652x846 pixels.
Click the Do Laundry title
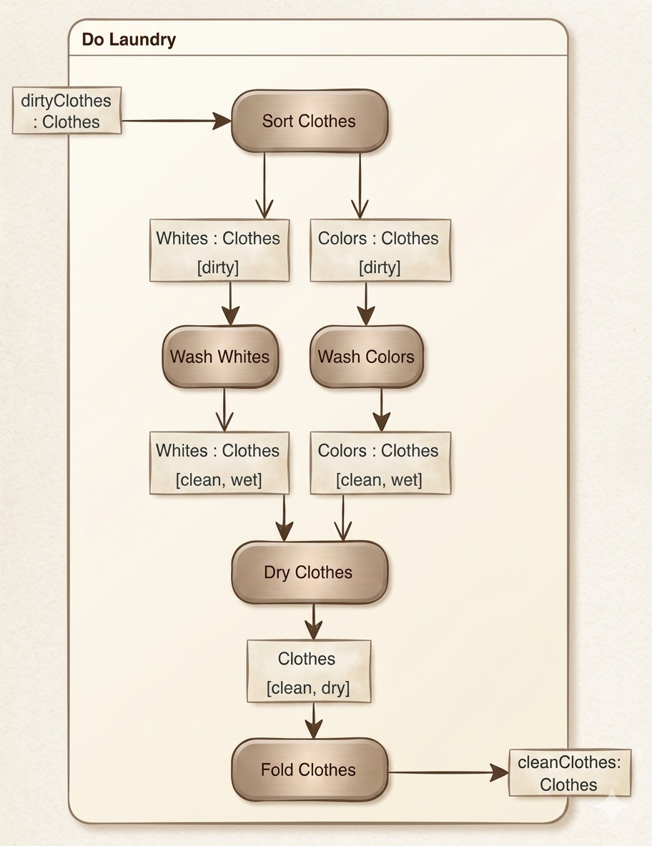point(129,39)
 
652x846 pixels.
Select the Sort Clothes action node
point(309,121)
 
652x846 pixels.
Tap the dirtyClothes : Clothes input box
point(67,110)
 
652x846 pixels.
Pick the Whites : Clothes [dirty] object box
point(219,251)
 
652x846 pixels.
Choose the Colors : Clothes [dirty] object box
point(380,251)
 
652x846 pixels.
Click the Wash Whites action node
point(219,357)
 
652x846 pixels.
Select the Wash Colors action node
point(366,357)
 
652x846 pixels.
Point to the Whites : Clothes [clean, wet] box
point(219,464)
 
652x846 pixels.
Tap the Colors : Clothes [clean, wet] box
point(380,464)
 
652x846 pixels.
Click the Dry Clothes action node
point(309,572)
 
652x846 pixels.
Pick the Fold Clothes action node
point(309,770)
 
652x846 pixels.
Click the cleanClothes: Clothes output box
point(569,773)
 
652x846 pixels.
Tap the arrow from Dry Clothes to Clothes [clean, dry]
point(313,621)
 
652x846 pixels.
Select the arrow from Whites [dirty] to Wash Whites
point(229,303)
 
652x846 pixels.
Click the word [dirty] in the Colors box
point(380,267)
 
